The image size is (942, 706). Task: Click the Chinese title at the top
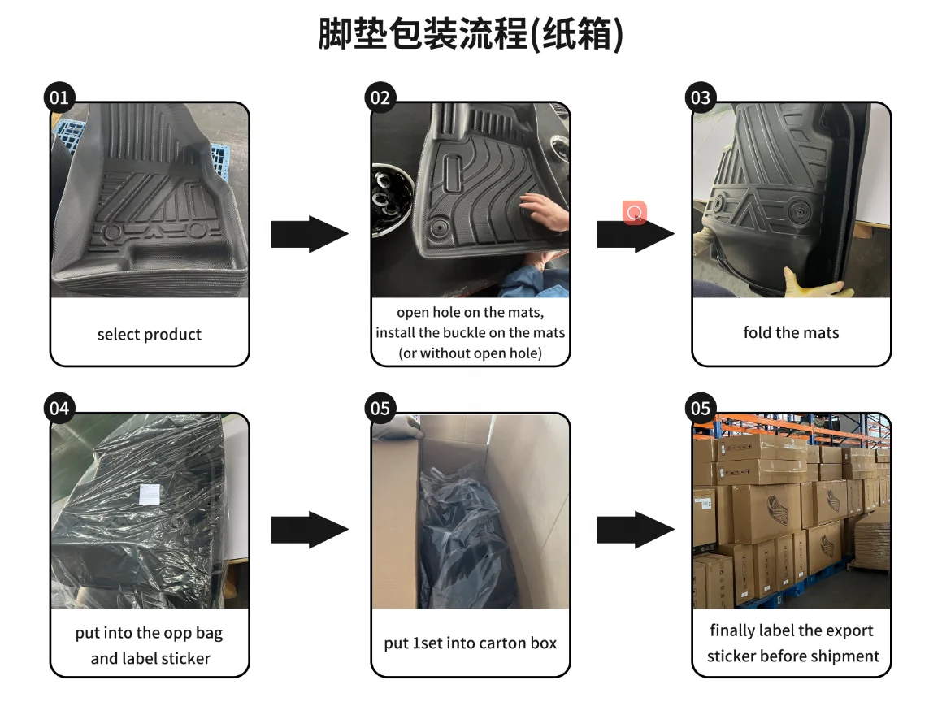point(471,35)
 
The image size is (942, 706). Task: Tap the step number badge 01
point(59,98)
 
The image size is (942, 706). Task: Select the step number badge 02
point(380,98)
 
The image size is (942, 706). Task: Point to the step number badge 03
point(700,98)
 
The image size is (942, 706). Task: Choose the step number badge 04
point(59,408)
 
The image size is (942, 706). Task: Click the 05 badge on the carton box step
point(380,408)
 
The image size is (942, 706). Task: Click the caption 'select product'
point(149,335)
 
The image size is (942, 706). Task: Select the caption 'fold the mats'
point(791,332)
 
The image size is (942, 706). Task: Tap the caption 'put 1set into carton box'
point(471,643)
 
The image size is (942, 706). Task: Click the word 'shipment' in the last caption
point(841,656)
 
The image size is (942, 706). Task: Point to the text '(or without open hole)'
point(470,353)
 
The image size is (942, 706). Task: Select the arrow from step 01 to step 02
point(310,234)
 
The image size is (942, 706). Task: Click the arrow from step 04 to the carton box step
point(310,530)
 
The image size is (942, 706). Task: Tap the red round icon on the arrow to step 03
point(635,212)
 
